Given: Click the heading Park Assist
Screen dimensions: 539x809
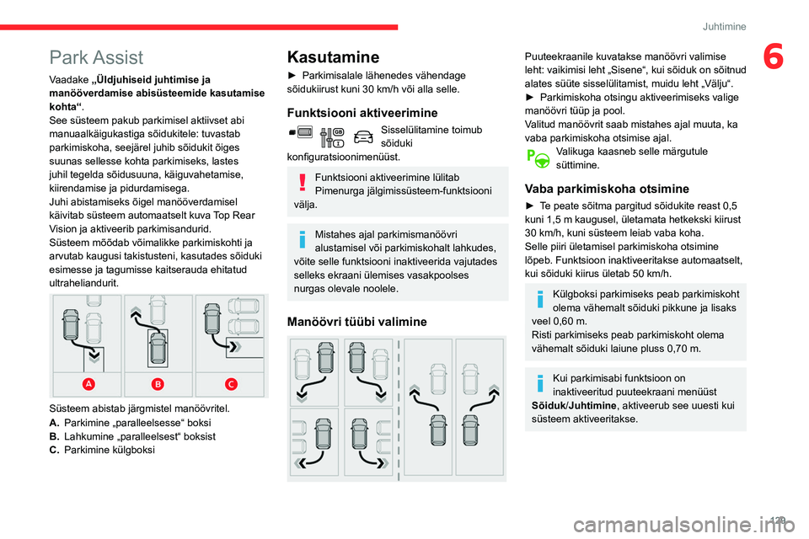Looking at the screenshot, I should [96, 57].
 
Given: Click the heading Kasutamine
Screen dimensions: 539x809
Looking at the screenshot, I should [333, 56].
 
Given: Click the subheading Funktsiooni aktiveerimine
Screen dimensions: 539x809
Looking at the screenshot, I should [362, 112].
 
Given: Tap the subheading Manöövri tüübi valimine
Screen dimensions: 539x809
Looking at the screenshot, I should [356, 321].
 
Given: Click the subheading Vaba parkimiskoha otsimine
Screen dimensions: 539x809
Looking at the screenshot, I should [606, 189].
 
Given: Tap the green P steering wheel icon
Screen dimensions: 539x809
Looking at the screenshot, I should [536, 157].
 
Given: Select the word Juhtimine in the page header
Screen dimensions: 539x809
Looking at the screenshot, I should [725, 26].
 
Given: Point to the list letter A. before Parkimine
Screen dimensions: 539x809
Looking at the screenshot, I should [55, 421].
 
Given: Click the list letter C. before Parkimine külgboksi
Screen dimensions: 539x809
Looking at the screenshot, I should [55, 450].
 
